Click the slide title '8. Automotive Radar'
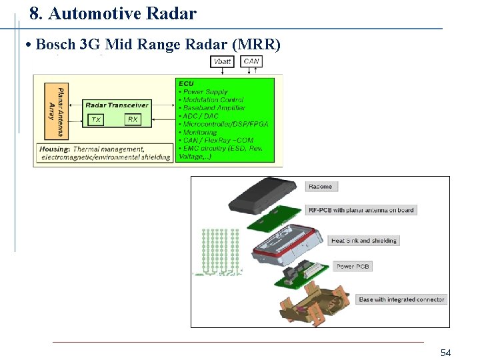pos(113,13)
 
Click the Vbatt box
pos(223,61)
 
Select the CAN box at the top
pos(251,61)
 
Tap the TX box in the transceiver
pos(97,119)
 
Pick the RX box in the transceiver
pos(132,119)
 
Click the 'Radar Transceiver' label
pos(117,105)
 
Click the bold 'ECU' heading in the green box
pos(186,84)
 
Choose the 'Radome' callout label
pos(320,186)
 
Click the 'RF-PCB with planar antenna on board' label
pos(361,210)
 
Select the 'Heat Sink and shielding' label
pos(364,241)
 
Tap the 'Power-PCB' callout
pos(353,267)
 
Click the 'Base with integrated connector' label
pos(401,299)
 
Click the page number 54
pos(445,352)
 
